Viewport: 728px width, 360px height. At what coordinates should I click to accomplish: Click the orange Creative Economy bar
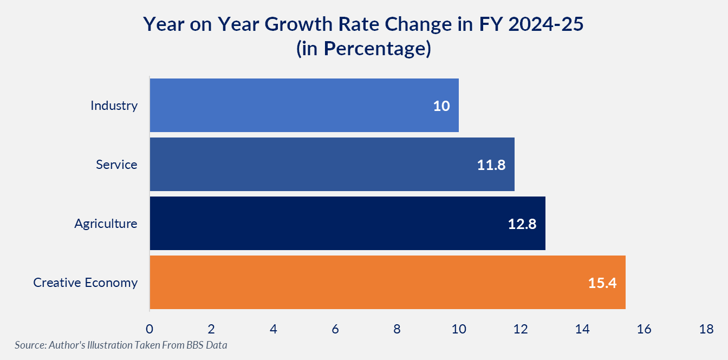click(x=388, y=282)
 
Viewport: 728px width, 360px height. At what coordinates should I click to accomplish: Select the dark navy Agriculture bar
click(x=348, y=223)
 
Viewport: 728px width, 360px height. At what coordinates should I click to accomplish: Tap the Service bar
click(x=332, y=164)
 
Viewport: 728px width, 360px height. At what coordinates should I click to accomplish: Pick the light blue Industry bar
click(x=304, y=105)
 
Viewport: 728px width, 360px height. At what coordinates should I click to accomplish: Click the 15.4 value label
click(x=602, y=283)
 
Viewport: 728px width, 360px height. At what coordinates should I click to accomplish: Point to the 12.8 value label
click(x=522, y=224)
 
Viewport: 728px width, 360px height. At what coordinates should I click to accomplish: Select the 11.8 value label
click(x=491, y=165)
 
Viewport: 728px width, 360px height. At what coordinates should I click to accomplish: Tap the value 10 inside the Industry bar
click(x=441, y=106)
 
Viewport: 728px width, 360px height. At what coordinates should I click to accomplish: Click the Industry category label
click(x=114, y=106)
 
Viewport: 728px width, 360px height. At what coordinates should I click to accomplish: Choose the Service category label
click(x=116, y=165)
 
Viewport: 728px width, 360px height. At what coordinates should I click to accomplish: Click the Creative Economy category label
click(x=86, y=283)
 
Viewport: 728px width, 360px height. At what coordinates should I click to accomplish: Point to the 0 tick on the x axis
click(x=149, y=329)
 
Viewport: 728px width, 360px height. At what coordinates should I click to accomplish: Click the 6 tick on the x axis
click(x=335, y=329)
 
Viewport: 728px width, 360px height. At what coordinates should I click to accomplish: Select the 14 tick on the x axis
click(x=582, y=329)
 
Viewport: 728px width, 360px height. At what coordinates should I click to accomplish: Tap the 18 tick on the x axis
click(x=706, y=329)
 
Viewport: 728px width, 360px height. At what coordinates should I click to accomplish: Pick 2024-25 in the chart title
click(x=546, y=24)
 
